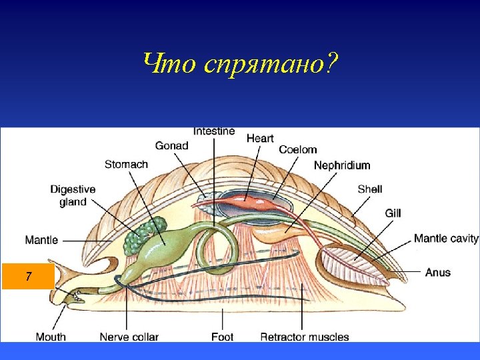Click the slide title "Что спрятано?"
coord(240,65)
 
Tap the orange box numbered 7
coord(28,276)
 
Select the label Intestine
coord(213,131)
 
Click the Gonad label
coord(171,145)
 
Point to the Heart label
coord(260,138)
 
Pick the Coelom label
coord(297,150)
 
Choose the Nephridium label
coord(341,165)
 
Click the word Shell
coord(369,189)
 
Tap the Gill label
coord(393,213)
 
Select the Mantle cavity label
coord(446,238)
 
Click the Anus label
coord(437,272)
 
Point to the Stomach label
coord(126,164)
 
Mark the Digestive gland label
coord(73,195)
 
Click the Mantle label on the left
coord(41,239)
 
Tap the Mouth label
coord(51,337)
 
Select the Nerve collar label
coord(129,337)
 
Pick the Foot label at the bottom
coord(222,337)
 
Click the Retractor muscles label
coord(304,337)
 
